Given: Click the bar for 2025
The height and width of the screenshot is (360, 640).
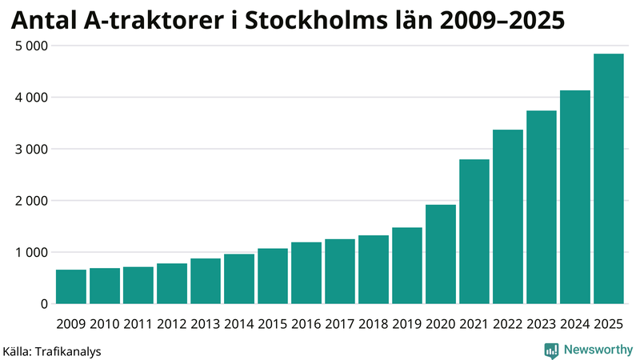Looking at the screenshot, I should tap(608, 179).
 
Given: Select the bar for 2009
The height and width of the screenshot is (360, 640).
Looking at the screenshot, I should tap(70, 287).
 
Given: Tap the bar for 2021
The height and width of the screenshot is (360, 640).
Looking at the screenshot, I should tap(474, 232).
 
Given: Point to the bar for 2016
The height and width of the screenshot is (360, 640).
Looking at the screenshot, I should tap(306, 273).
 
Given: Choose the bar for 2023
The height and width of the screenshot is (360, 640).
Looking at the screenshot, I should tap(541, 207).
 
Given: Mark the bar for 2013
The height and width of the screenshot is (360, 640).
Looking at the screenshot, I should tap(205, 281).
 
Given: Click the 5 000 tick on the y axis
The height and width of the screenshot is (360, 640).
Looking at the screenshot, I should tap(31, 46).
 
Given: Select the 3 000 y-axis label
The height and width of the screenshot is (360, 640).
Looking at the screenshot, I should tap(31, 149).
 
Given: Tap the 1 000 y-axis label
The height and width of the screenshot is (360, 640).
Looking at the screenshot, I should tap(31, 252).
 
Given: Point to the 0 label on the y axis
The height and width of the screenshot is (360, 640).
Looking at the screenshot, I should tap(43, 304).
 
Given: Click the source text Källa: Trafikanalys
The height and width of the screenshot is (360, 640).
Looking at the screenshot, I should tap(52, 350).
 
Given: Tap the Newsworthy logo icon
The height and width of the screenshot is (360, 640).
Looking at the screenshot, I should tap(551, 350).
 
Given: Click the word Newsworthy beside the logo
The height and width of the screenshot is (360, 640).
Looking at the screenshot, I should tap(598, 350).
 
